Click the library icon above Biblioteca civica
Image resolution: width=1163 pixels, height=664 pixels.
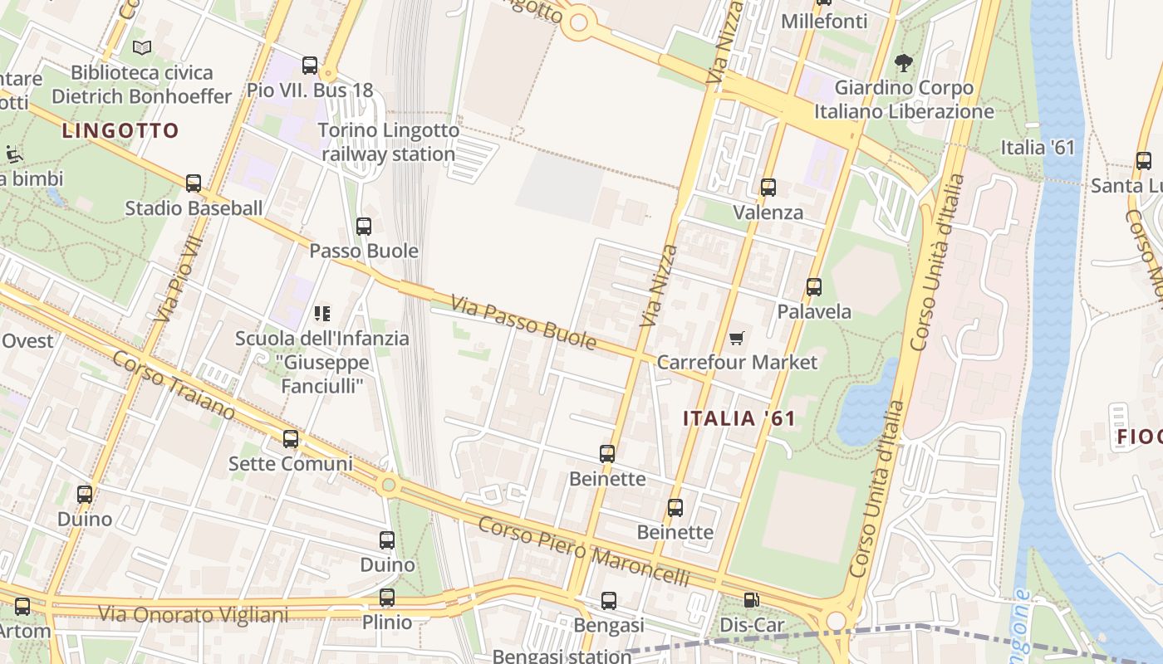point(142,48)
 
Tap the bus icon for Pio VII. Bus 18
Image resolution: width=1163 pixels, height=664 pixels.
point(310,65)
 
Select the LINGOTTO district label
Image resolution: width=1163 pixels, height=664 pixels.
point(120,130)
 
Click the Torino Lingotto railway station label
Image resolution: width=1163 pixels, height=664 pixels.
point(389,142)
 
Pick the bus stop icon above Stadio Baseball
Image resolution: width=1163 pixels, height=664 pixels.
point(194,183)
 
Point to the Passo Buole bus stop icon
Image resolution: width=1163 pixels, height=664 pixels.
point(363,226)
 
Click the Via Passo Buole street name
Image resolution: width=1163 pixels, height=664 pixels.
point(523,322)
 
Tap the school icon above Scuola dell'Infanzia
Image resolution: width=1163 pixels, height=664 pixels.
point(322,314)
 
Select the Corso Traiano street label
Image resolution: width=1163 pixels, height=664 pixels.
point(174,384)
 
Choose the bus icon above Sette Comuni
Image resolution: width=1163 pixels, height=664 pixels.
point(290,439)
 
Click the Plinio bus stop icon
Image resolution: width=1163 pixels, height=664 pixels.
point(386,598)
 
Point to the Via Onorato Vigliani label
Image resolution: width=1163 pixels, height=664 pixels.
point(194,615)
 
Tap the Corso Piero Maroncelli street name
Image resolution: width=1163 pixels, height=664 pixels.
point(584,551)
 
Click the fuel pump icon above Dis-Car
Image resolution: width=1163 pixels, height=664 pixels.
point(751,600)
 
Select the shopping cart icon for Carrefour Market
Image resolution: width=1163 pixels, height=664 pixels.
point(736,338)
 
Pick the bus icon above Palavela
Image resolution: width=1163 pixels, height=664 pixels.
point(814,287)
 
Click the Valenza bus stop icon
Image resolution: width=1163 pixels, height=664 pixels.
point(768,188)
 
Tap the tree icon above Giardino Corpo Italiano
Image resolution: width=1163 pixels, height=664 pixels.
point(903,62)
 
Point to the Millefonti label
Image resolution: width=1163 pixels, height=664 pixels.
point(824,21)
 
